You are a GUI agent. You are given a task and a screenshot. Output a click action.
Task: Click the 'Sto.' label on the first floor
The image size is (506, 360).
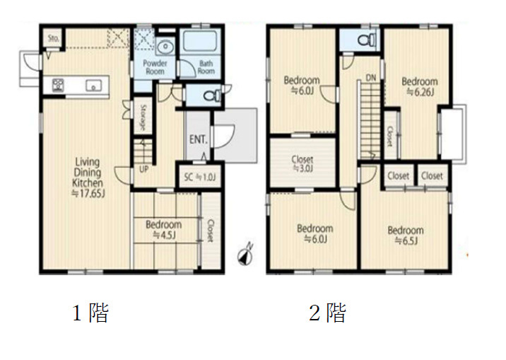(x=53, y=37)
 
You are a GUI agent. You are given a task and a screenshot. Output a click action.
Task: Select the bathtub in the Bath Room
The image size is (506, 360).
(x=203, y=43)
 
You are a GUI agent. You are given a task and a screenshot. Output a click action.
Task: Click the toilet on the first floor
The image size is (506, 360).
(x=210, y=96)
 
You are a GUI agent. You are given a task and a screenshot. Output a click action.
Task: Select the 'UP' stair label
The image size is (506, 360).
(x=143, y=170)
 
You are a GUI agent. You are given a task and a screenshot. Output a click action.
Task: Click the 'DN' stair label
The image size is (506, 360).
(x=371, y=76)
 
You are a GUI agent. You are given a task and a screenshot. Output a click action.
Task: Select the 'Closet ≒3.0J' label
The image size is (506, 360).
(x=302, y=164)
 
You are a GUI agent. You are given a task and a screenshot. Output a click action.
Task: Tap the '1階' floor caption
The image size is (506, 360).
(x=90, y=313)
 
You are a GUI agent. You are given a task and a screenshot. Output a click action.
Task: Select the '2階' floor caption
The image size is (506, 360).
(x=326, y=313)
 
